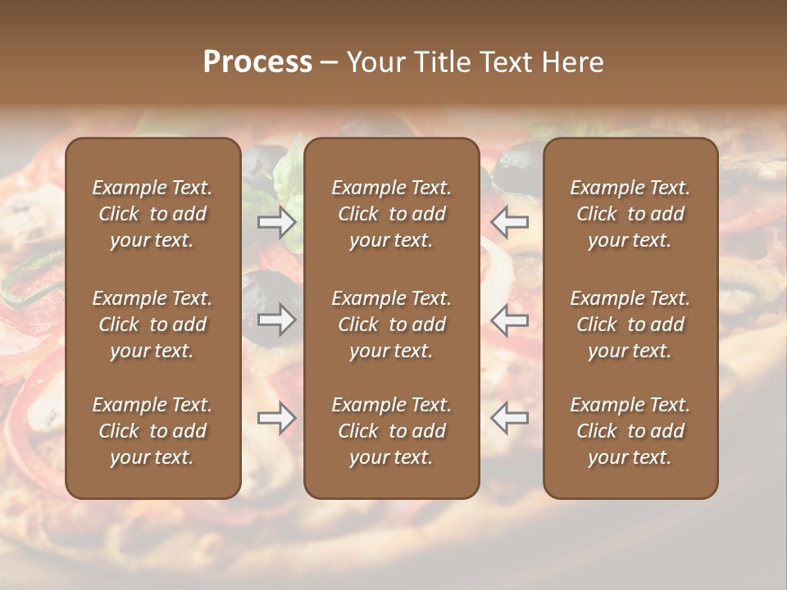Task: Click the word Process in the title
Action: [x=257, y=62]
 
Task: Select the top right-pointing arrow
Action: [x=277, y=222]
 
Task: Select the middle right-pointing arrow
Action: [x=277, y=320]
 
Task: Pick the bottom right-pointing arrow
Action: [x=277, y=418]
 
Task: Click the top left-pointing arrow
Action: [x=510, y=222]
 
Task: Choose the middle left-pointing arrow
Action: [x=510, y=320]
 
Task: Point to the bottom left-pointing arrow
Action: [x=510, y=418]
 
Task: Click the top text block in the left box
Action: [x=152, y=214]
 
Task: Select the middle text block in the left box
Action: [x=152, y=324]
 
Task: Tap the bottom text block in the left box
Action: [x=152, y=431]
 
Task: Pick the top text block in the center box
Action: [x=391, y=214]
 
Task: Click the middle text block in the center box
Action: [x=391, y=324]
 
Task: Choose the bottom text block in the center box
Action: [x=391, y=431]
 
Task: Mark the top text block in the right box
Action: [x=630, y=214]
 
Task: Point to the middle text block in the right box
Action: [x=630, y=324]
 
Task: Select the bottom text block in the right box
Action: [x=630, y=431]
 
